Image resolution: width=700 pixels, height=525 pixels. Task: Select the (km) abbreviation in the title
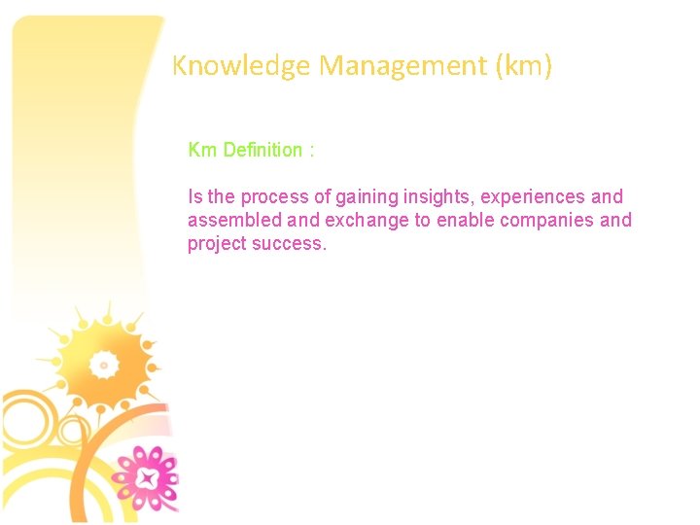coord(523,66)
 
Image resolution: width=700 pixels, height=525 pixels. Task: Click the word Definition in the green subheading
coord(262,150)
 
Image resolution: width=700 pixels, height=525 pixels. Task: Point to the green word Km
coord(202,150)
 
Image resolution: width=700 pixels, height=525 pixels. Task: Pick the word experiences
coord(533,197)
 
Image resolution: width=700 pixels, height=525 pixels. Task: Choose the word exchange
coord(366,221)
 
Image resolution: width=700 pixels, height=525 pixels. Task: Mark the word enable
coord(465,221)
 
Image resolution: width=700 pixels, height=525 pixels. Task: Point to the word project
coord(217,244)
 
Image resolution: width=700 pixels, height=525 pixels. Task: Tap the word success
coord(290,244)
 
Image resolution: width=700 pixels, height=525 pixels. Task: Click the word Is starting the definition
coord(194,197)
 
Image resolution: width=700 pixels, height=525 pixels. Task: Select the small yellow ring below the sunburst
coord(72,429)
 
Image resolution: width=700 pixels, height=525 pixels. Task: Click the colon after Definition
coord(311,151)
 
